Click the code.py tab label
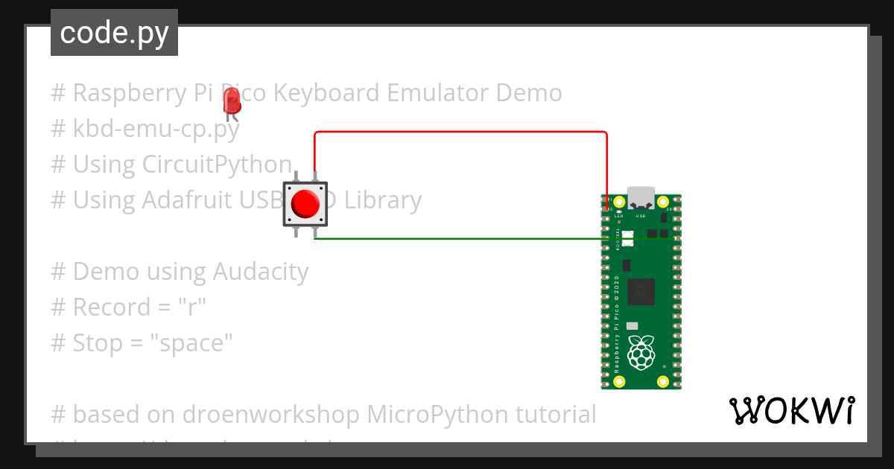(x=114, y=33)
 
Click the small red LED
(x=232, y=100)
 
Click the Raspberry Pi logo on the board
(x=641, y=351)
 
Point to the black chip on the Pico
(x=641, y=291)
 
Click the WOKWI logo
(x=792, y=410)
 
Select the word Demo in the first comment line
(x=529, y=93)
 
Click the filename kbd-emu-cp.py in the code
(x=156, y=129)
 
